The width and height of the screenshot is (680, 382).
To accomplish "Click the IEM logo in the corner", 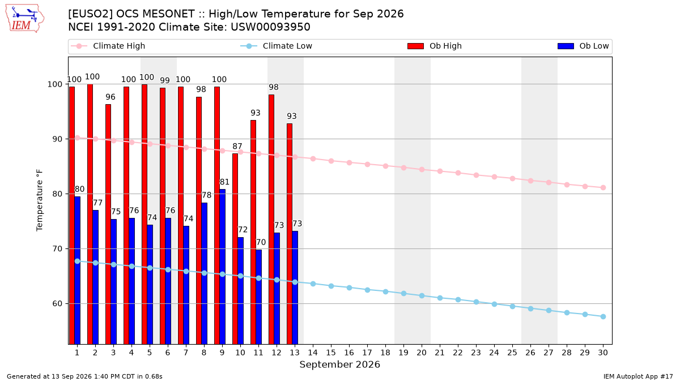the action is [25, 19].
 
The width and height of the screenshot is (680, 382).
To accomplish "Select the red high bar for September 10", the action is [235, 248].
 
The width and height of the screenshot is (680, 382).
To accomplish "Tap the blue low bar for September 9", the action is [223, 267].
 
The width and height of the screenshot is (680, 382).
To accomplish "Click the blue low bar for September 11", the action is [258, 297].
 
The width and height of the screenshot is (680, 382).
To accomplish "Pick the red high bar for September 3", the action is [108, 224].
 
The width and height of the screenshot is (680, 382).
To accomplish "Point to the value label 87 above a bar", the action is [237, 146].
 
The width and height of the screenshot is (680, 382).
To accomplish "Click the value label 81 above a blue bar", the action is [224, 182].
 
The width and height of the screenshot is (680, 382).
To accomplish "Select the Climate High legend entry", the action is [108, 46].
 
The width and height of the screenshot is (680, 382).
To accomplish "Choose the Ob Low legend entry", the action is [583, 46].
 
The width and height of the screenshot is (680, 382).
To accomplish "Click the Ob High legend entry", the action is [435, 46].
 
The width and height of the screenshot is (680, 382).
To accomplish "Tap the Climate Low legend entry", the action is [277, 46].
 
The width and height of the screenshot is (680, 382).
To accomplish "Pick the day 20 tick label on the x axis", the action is [422, 353].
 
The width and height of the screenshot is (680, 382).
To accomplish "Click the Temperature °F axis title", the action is [40, 200].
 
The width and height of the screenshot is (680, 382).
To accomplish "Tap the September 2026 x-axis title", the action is [339, 364].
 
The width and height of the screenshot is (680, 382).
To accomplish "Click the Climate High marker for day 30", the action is [603, 188].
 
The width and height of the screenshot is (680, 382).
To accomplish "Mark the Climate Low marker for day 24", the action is [494, 304].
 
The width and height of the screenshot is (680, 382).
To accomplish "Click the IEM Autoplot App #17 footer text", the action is [638, 376].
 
